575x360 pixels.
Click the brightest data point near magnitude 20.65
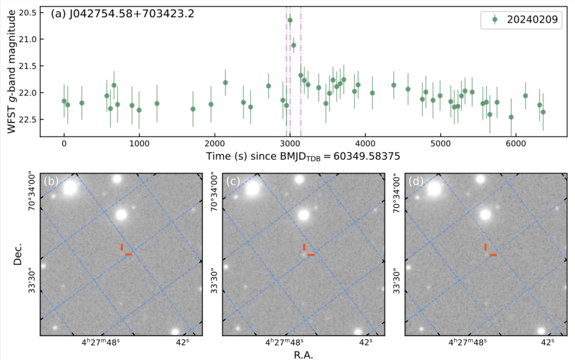pos(290,20)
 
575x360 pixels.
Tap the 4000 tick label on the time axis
pos(365,143)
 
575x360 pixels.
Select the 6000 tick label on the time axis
pos(515,143)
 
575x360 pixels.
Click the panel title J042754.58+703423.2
pos(122,14)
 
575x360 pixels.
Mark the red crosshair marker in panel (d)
pos(489,251)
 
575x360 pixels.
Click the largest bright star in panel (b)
pos(70,187)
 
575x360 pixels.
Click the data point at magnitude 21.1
pos(293,45)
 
